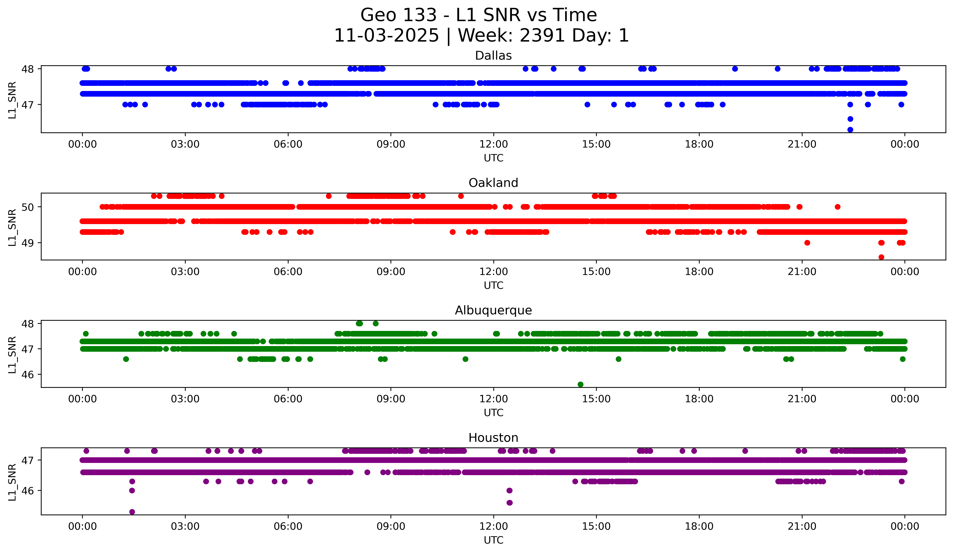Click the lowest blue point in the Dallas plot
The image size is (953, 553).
pyautogui.click(x=850, y=130)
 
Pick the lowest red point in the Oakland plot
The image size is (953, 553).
pyautogui.click(x=881, y=257)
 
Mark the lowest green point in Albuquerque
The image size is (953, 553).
pyautogui.click(x=581, y=384)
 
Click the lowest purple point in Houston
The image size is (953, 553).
pyautogui.click(x=132, y=512)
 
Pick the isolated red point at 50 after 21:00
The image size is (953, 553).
pyautogui.click(x=838, y=207)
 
